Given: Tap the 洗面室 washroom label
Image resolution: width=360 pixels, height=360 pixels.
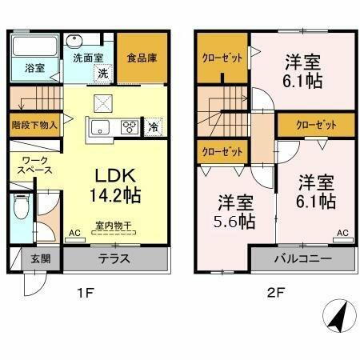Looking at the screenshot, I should pyautogui.click(x=89, y=58).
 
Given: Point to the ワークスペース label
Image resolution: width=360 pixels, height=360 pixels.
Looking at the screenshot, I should pyautogui.click(x=35, y=166).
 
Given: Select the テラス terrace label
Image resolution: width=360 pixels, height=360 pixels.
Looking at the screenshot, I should pyautogui.click(x=114, y=259).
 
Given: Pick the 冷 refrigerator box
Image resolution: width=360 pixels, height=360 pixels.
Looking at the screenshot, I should pyautogui.click(x=153, y=126).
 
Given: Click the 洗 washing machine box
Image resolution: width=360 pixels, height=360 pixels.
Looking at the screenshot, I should pyautogui.click(x=102, y=74).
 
